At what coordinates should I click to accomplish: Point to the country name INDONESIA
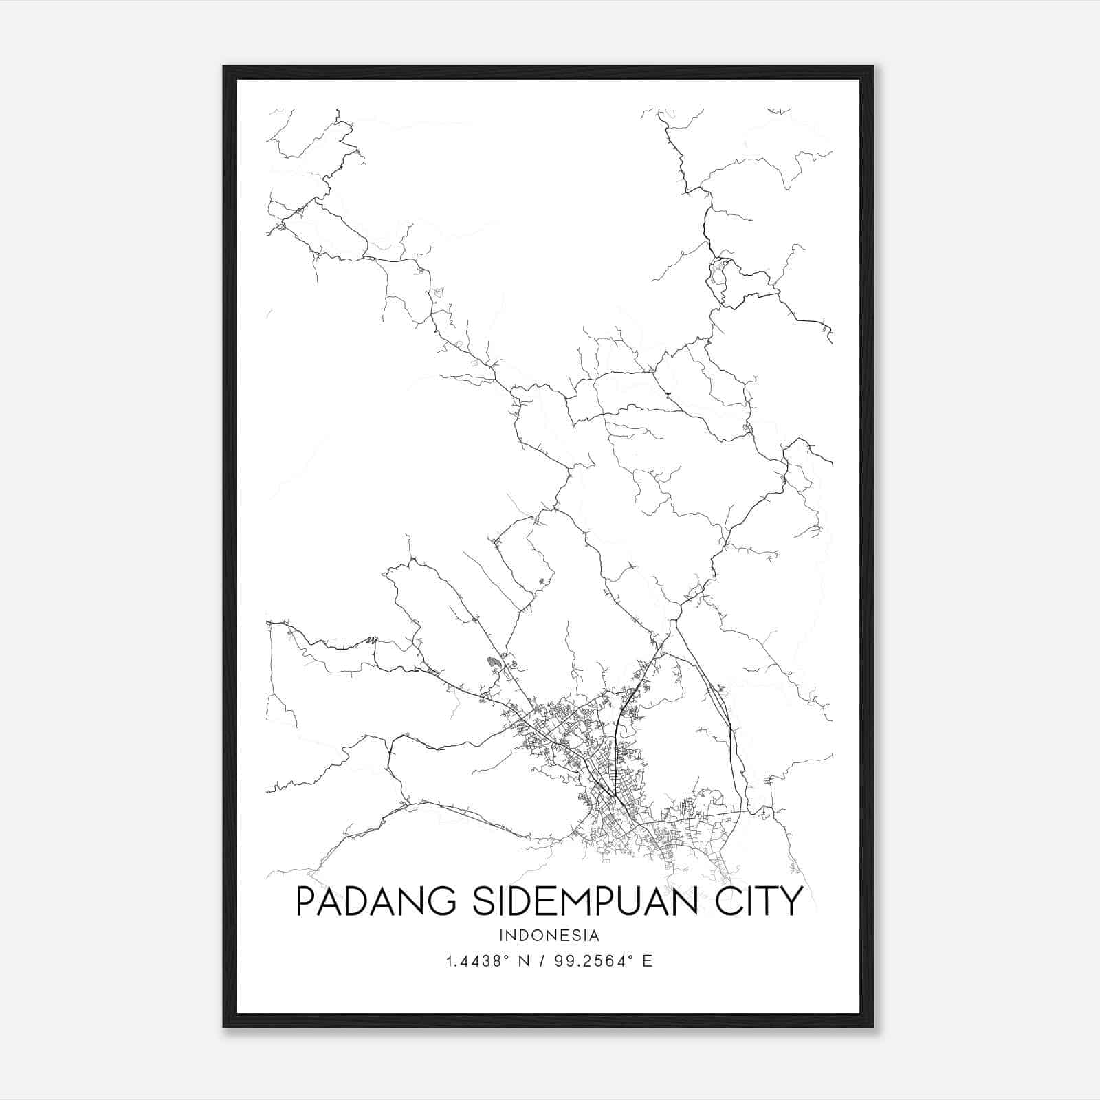[x=549, y=936]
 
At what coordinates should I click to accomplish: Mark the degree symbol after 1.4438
[x=508, y=958]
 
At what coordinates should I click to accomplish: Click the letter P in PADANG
[x=305, y=901]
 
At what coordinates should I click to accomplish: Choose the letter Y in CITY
[x=793, y=901]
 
